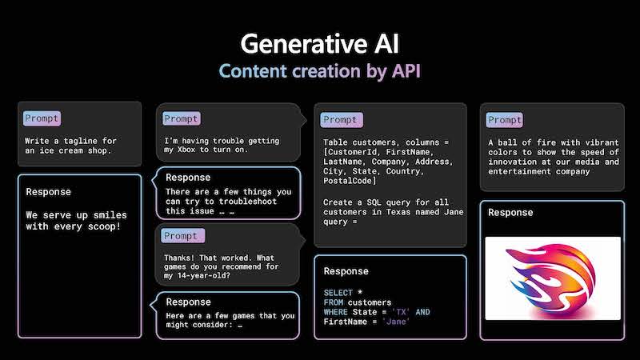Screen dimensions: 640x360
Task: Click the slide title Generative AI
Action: pos(319,44)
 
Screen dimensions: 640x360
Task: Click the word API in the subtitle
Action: pos(406,71)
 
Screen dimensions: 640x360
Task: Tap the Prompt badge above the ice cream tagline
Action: pos(42,118)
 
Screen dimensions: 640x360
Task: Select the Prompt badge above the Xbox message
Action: pos(182,118)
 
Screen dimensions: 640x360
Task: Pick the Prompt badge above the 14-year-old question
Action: pos(182,235)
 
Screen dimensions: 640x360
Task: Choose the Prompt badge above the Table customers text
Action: pos(342,119)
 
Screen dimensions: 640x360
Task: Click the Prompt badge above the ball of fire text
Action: pos(505,120)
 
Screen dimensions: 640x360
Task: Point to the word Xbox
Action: pos(186,150)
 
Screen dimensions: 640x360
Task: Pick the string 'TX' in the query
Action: pos(401,312)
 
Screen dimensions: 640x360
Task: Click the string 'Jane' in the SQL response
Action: pos(396,322)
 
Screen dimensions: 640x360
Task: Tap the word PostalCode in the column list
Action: pos(348,181)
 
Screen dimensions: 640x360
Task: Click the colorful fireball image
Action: pos(553,278)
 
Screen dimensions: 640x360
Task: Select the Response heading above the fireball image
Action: pos(510,213)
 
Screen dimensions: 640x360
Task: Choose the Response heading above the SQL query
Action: pos(346,271)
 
